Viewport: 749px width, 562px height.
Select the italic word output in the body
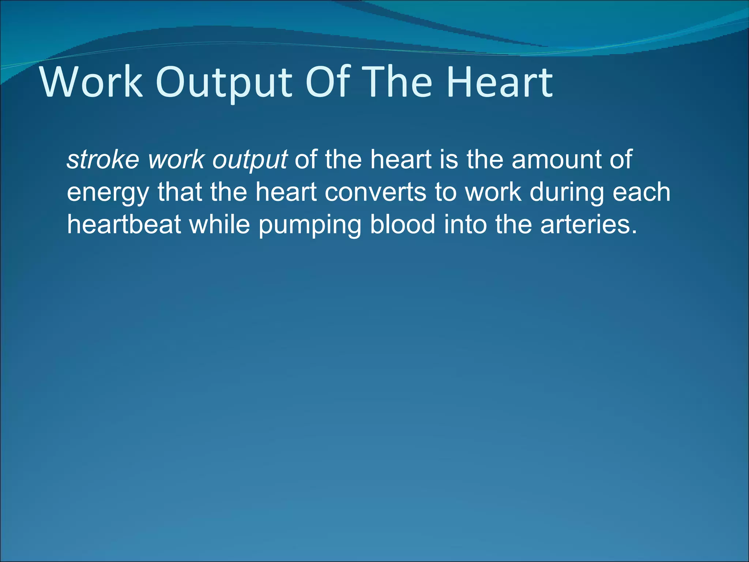tap(250, 160)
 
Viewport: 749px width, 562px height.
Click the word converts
tap(375, 192)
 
